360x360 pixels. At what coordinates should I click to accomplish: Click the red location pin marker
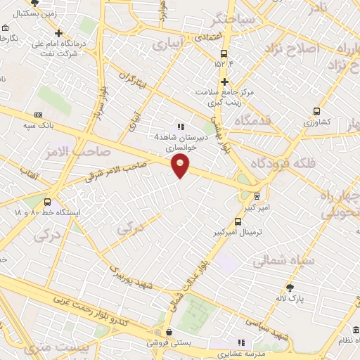coord(181,166)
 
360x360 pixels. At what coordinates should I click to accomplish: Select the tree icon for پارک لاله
coord(290,287)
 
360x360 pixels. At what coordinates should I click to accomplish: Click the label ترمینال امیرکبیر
coord(238,231)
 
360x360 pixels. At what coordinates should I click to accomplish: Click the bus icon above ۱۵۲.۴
coord(224,53)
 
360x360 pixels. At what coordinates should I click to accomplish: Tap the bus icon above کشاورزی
coord(316,110)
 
